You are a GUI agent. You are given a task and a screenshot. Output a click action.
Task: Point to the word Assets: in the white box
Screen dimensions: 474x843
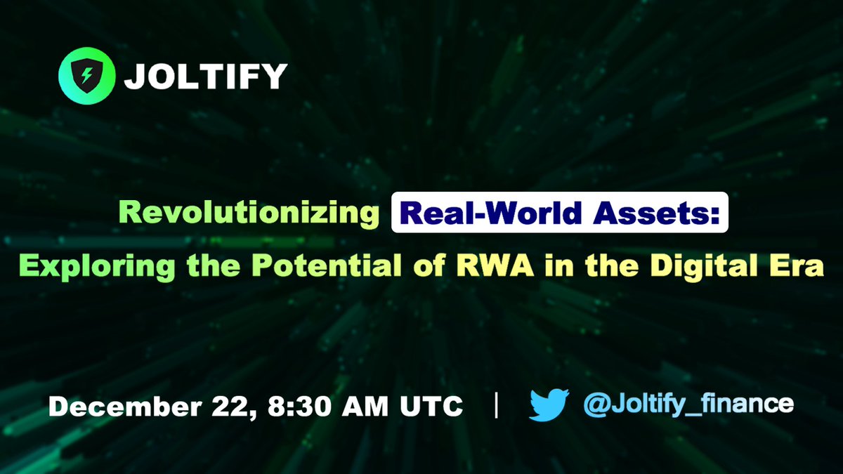point(654,214)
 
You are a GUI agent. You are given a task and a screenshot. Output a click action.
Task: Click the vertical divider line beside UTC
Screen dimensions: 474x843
point(497,406)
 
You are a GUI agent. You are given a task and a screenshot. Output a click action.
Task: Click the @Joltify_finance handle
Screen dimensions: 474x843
point(688,405)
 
